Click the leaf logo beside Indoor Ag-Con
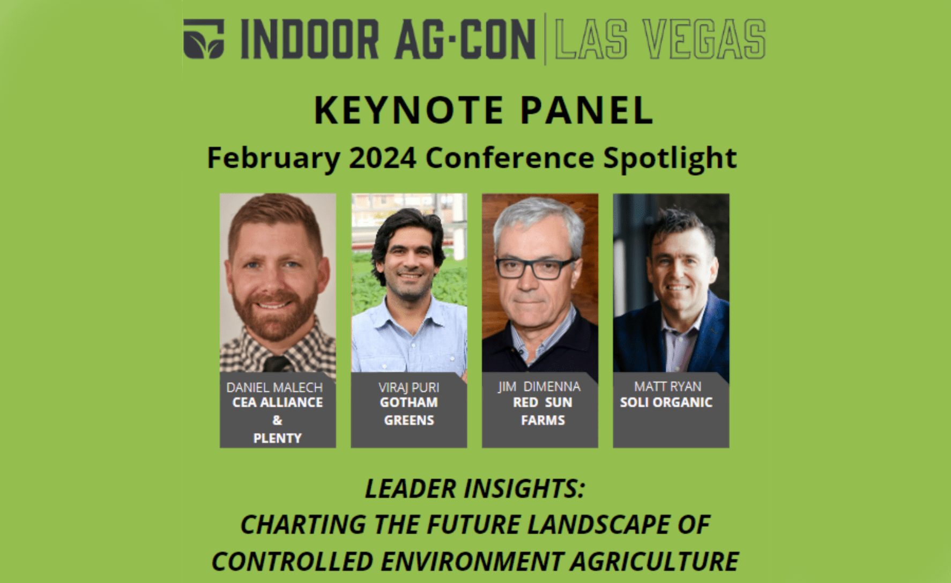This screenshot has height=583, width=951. click(204, 39)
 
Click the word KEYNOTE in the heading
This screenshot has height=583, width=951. click(408, 110)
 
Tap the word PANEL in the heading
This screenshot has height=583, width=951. click(586, 110)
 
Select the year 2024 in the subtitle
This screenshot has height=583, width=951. click(383, 158)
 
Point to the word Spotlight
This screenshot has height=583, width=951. click(670, 159)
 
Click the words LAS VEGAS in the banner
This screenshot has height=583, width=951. click(660, 39)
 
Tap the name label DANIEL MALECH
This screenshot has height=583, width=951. click(274, 387)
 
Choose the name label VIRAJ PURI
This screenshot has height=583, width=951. click(409, 387)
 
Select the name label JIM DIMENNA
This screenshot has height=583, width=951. click(539, 386)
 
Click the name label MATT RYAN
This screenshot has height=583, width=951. click(667, 386)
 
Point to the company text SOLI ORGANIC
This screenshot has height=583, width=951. click(666, 402)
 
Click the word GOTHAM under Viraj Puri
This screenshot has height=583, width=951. click(409, 402)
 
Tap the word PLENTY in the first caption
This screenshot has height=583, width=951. click(277, 438)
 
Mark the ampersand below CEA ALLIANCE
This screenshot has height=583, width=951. click(277, 420)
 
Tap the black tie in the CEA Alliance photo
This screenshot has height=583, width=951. click(278, 364)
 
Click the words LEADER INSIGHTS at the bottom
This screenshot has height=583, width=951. click(475, 489)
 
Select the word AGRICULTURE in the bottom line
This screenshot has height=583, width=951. click(654, 562)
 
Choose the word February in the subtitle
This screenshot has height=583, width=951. click(273, 159)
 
